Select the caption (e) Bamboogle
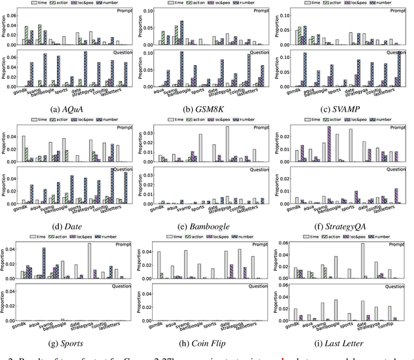click(207, 226)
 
